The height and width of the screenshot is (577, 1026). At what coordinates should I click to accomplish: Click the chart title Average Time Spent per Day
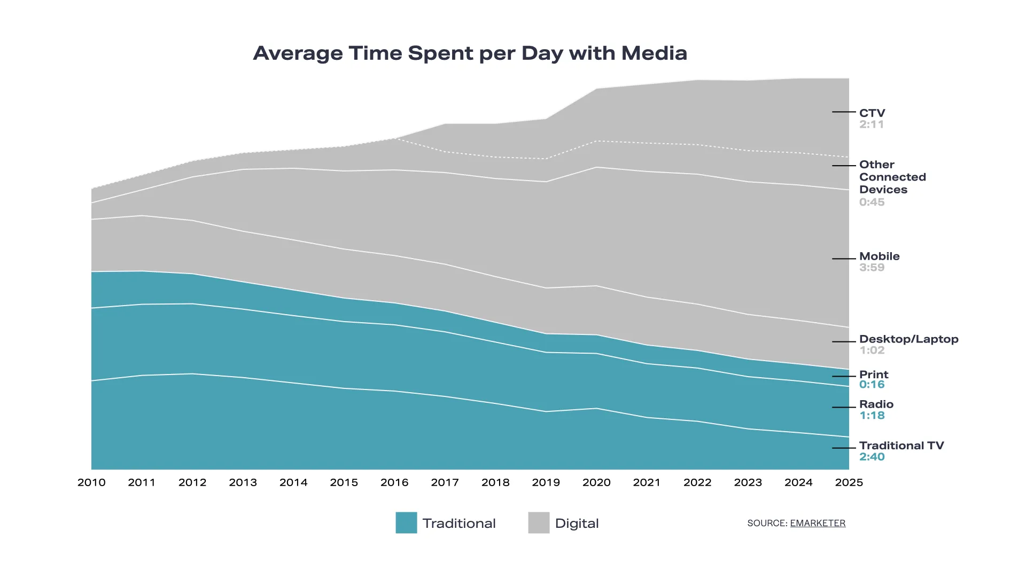470,53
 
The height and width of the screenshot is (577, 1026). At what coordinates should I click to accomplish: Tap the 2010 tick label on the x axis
91,482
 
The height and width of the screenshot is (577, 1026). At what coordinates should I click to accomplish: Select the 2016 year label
394,482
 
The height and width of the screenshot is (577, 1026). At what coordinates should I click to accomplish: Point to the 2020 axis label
596,482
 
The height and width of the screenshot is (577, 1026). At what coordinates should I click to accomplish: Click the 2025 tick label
849,482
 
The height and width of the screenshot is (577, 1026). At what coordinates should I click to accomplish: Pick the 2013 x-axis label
243,482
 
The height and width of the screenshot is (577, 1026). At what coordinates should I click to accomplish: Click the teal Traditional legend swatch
406,523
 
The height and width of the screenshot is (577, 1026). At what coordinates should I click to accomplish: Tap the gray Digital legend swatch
539,523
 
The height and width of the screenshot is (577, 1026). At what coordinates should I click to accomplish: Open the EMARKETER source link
818,523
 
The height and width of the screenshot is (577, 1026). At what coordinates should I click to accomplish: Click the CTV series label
872,113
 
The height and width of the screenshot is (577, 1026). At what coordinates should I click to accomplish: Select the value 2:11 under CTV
872,124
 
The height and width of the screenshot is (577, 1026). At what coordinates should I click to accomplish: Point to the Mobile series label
879,256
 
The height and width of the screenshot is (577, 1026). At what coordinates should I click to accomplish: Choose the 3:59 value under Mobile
872,268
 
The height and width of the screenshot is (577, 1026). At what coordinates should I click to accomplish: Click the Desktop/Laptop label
908,339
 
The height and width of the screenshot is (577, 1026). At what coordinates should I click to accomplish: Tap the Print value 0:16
872,385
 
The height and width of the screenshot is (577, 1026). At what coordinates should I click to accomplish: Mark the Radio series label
876,404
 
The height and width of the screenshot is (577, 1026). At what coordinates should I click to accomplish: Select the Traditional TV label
901,446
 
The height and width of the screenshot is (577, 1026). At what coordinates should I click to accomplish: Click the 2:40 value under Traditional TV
872,457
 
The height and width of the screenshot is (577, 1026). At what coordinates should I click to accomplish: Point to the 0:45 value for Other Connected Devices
872,202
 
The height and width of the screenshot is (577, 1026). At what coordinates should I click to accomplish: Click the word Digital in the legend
577,524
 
